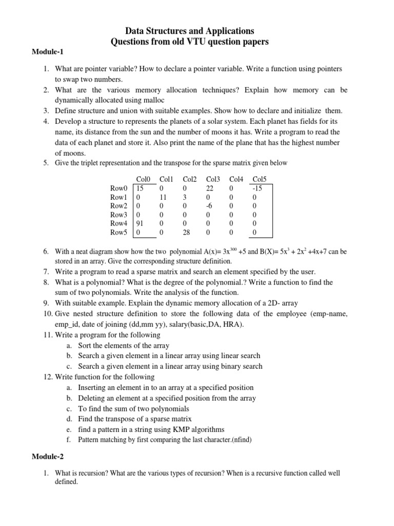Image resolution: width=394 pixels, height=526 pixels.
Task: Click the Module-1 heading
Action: [47, 52]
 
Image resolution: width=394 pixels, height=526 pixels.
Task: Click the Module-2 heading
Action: [47, 456]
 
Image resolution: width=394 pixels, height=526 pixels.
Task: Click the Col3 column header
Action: [213, 179]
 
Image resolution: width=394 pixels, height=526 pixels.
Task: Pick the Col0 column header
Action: [143, 179]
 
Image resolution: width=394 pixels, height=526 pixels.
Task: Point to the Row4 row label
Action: [119, 223]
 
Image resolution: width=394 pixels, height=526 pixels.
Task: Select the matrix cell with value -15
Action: [258, 188]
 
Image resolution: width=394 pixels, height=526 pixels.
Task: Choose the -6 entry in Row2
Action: [210, 205]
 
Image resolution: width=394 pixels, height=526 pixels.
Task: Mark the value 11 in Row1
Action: [164, 197]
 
